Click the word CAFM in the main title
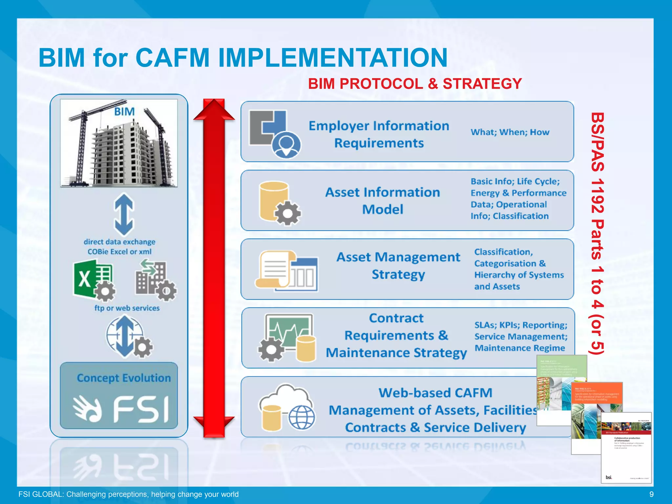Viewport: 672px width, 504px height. tap(172, 58)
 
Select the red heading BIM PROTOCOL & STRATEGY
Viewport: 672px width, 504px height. tap(415, 84)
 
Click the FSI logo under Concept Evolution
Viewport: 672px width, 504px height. tap(120, 409)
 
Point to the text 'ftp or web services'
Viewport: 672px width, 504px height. tap(127, 308)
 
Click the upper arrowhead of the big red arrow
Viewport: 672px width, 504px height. tap(214, 110)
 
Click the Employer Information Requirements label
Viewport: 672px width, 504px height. tap(379, 134)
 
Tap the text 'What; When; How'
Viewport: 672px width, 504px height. tap(510, 132)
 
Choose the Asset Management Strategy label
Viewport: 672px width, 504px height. tap(398, 265)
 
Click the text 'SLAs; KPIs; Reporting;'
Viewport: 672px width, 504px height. tap(520, 325)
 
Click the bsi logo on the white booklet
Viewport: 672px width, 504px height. tap(609, 477)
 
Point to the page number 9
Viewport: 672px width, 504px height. tap(651, 494)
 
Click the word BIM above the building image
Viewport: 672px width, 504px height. tap(124, 112)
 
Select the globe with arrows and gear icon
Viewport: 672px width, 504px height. tap(129, 337)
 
